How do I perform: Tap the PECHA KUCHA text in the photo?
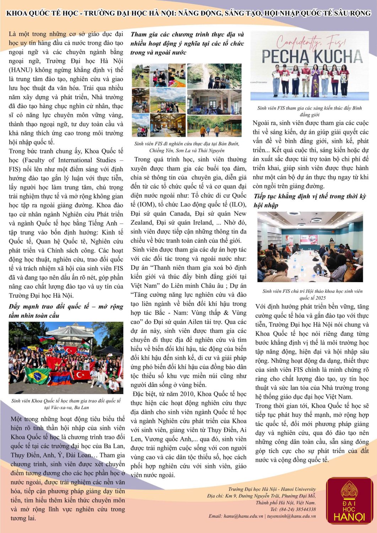[x=312, y=56]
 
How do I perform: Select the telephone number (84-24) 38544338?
[x=298, y=509]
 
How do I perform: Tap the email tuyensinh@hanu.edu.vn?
[x=291, y=516]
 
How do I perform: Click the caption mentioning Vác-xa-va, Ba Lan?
[x=66, y=404]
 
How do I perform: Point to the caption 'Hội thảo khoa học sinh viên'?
[x=312, y=294]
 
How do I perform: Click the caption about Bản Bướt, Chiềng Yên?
[x=187, y=147]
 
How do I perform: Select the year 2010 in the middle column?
[x=181, y=394]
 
